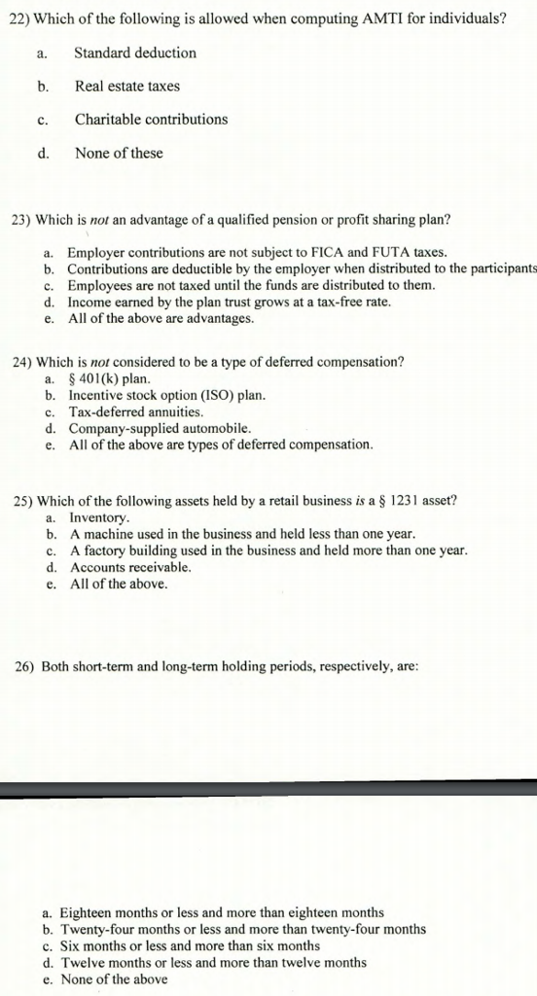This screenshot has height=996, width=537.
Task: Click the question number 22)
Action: coord(18,19)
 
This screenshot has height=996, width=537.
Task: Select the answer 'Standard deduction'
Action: coord(135,53)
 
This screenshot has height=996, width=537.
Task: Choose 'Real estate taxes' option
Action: coord(126,86)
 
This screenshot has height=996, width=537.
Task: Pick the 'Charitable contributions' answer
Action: coord(151,119)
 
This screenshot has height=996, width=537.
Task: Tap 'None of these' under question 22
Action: coord(119,153)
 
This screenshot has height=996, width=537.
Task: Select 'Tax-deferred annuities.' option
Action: coord(135,411)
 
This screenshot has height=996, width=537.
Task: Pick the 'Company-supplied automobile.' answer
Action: coord(160,428)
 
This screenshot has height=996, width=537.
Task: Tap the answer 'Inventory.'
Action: coord(99,517)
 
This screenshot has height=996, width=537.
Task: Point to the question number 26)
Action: coord(26,667)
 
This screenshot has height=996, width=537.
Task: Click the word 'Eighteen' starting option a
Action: coord(87,912)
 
